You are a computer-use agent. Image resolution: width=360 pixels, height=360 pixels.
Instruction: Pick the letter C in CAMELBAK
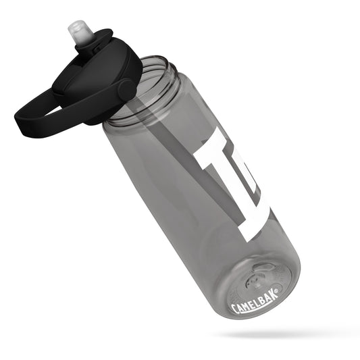coord(235,310)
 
